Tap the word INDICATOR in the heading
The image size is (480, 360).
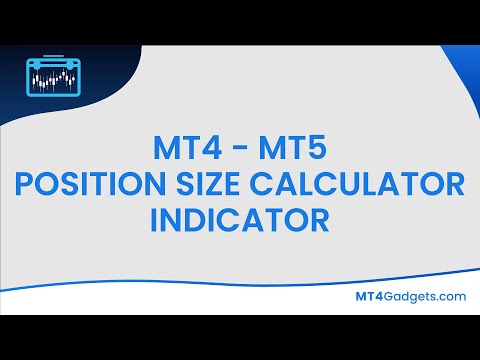coord(240,217)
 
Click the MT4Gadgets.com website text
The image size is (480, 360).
coord(411,296)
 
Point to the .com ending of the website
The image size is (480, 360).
coord(451,296)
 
